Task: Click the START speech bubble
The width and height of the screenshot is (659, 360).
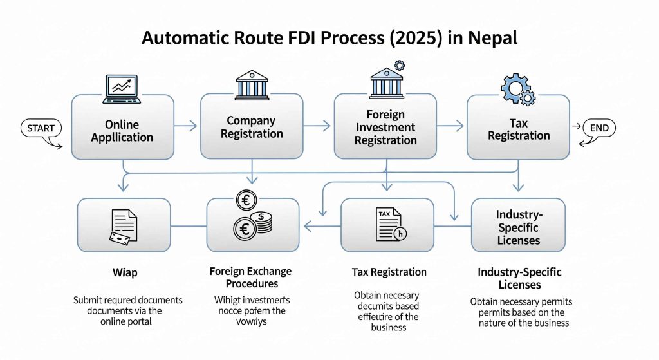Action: coord(41,128)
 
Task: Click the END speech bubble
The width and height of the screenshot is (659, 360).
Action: coord(599,128)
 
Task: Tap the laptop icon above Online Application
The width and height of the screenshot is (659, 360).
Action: coord(122,88)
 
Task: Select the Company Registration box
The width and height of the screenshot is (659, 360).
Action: coord(251,127)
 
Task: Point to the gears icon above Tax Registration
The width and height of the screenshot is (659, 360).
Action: coord(517,88)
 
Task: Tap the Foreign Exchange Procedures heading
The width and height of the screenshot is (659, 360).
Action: coord(250,278)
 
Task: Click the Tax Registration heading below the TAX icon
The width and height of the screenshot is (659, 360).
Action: coord(389,272)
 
